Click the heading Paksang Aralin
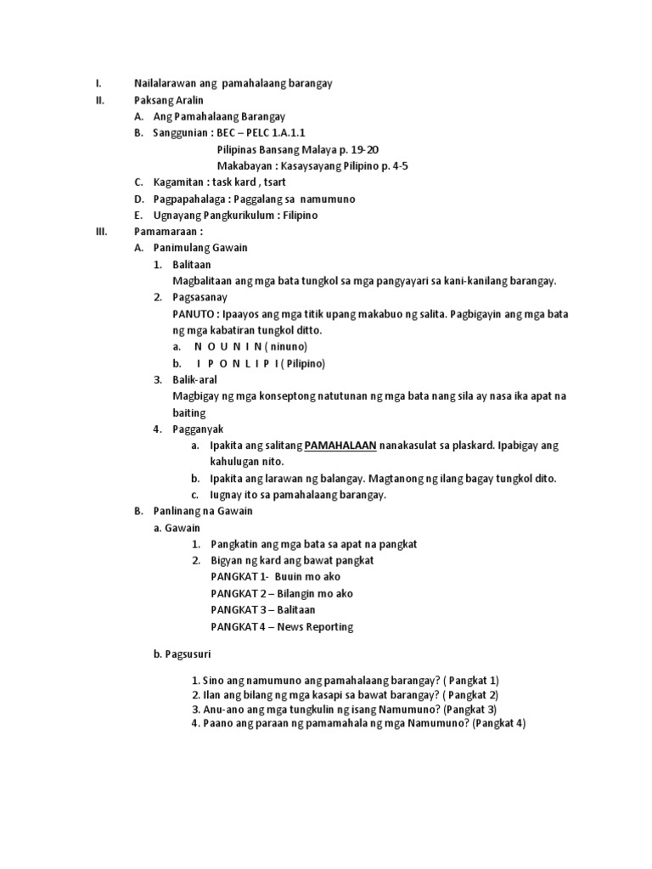(169, 99)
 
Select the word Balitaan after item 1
(193, 265)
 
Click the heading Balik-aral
(196, 379)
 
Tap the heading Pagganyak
(196, 429)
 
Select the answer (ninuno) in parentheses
(286, 347)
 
